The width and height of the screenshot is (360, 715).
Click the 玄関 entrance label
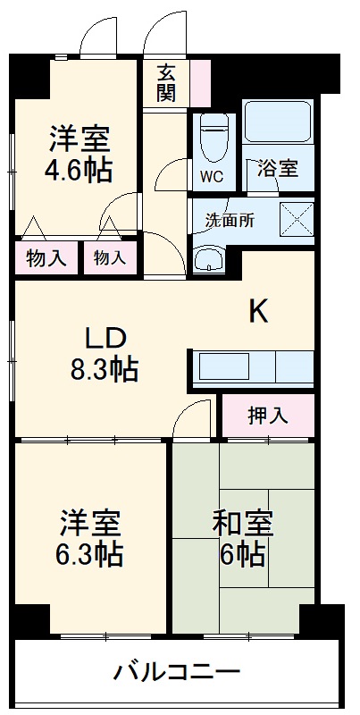(166, 83)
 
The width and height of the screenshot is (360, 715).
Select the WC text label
(212, 175)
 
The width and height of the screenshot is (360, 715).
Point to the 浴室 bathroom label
(277, 167)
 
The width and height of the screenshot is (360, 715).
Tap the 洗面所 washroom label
(230, 220)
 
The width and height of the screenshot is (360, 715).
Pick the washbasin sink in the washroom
(211, 260)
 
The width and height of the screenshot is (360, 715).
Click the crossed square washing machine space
(296, 219)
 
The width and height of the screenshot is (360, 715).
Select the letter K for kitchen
(258, 311)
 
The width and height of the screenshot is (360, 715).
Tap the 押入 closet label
(266, 416)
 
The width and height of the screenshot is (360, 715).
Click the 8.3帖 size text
(105, 369)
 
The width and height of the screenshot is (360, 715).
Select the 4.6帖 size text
(80, 171)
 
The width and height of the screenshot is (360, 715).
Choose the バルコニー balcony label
(177, 671)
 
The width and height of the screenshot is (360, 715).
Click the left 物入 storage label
(46, 259)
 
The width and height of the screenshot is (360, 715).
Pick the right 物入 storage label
(110, 259)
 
